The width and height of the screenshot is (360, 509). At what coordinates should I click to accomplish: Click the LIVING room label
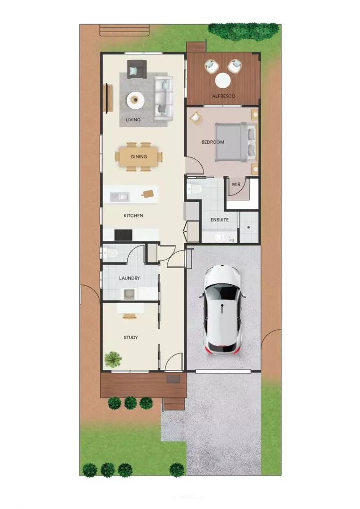point(133,120)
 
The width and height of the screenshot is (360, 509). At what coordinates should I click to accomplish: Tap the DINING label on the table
point(139,157)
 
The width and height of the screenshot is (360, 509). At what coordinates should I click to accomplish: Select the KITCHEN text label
point(133,216)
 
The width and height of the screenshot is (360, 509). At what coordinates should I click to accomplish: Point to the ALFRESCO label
point(223,96)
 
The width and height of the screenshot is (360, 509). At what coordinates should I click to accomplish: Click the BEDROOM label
point(213,142)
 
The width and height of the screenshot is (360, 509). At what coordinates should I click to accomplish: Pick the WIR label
point(235,184)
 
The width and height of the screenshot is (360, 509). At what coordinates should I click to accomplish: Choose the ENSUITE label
point(219,220)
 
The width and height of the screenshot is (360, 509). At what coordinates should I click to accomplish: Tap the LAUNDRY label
point(129,279)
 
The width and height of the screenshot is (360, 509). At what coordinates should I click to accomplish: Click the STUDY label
point(131,337)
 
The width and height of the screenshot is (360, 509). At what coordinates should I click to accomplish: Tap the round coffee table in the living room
point(136,99)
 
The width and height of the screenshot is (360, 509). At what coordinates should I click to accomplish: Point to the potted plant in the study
point(113,360)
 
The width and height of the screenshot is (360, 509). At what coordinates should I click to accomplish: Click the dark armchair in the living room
point(137,69)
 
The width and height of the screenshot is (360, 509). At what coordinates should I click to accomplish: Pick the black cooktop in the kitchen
point(124,234)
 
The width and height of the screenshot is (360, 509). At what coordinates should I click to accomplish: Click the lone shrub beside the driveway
point(177,469)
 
